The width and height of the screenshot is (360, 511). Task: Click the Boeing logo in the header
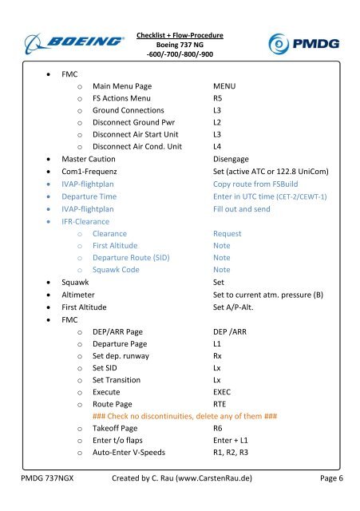click(x=76, y=41)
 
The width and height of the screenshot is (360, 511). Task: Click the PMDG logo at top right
click(x=304, y=42)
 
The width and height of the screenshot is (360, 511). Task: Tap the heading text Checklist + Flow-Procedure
click(x=180, y=35)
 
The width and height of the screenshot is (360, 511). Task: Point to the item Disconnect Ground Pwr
click(x=133, y=125)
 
